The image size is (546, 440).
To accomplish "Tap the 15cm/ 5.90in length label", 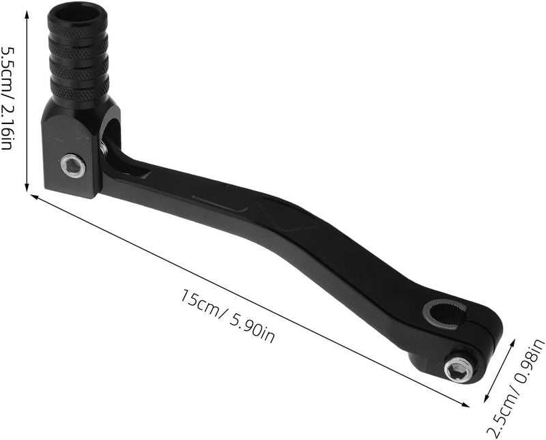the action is pyautogui.click(x=227, y=316).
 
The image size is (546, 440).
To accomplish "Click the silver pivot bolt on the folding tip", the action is pyautogui.click(x=73, y=166).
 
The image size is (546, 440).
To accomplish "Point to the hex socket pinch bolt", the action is pyautogui.click(x=458, y=370).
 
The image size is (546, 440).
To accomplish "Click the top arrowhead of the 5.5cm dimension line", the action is pyautogui.click(x=27, y=13).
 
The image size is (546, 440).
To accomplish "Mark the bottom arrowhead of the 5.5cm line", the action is pyautogui.click(x=27, y=188).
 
